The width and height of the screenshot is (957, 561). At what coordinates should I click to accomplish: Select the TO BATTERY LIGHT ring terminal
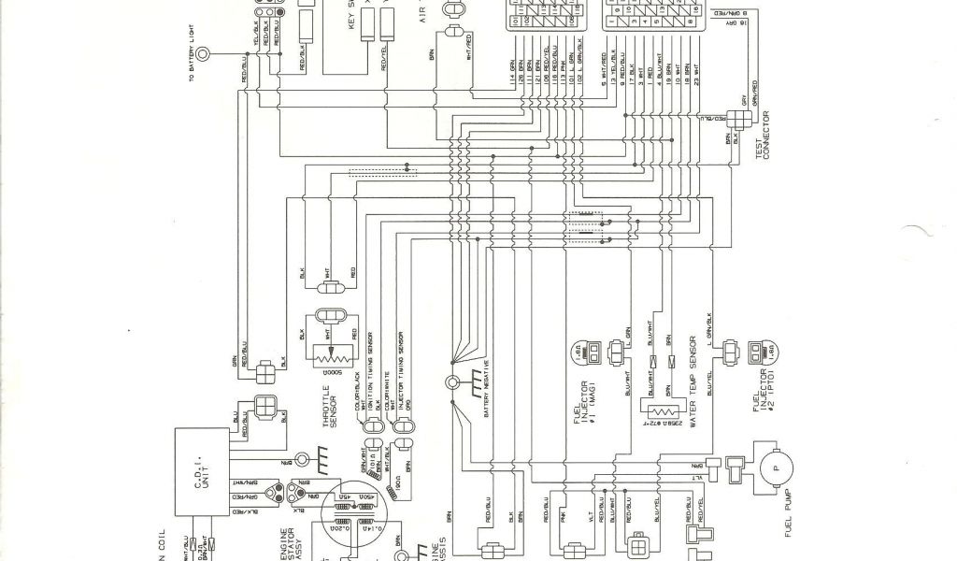[214, 56]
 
